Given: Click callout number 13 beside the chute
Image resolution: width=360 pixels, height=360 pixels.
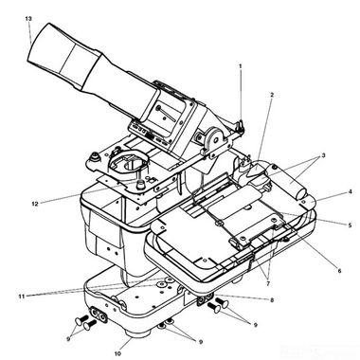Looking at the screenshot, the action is pyautogui.click(x=28, y=19).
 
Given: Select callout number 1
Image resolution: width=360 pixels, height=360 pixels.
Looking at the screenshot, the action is pyautogui.click(x=241, y=66).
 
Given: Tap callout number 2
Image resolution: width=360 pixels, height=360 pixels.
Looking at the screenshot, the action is pyautogui.click(x=272, y=95).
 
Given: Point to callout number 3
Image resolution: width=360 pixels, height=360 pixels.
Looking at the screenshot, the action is pyautogui.click(x=323, y=155).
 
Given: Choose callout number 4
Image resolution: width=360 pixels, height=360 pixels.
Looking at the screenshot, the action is pyautogui.click(x=350, y=191).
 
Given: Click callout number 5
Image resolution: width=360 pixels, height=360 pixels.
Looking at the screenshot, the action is pyautogui.click(x=350, y=225).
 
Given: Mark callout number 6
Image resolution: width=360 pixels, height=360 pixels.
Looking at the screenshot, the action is pyautogui.click(x=339, y=271).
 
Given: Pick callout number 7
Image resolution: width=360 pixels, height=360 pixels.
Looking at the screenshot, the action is pyautogui.click(x=268, y=284).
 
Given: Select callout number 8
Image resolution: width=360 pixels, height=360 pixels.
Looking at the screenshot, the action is pyautogui.click(x=272, y=300).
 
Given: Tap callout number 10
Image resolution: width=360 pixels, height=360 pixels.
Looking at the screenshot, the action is pyautogui.click(x=117, y=353).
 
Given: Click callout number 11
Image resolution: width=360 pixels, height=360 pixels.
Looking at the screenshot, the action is pyautogui.click(x=22, y=297).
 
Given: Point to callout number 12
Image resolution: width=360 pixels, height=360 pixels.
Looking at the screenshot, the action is pyautogui.click(x=35, y=204).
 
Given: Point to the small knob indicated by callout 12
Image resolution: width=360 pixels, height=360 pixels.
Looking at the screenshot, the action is pyautogui.click(x=141, y=185).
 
